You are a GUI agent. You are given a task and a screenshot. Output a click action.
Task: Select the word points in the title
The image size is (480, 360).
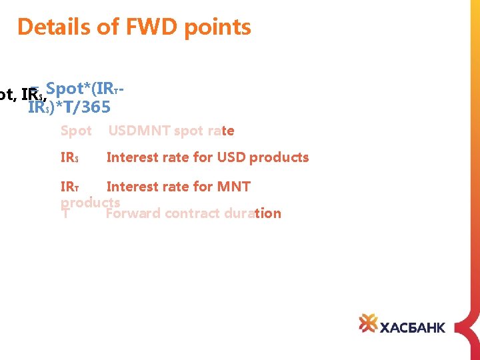(214, 27)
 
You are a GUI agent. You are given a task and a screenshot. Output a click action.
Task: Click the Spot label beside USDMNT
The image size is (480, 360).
(76, 131)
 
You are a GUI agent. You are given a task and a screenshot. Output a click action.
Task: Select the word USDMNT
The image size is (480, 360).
(139, 131)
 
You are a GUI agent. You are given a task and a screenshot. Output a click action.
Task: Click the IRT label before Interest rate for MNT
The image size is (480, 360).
(70, 187)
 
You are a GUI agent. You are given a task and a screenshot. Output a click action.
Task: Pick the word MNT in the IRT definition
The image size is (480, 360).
(232, 187)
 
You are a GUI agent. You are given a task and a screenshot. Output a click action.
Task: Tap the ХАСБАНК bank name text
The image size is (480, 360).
(412, 327)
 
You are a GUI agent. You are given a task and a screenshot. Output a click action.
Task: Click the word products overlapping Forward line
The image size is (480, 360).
(90, 202)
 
